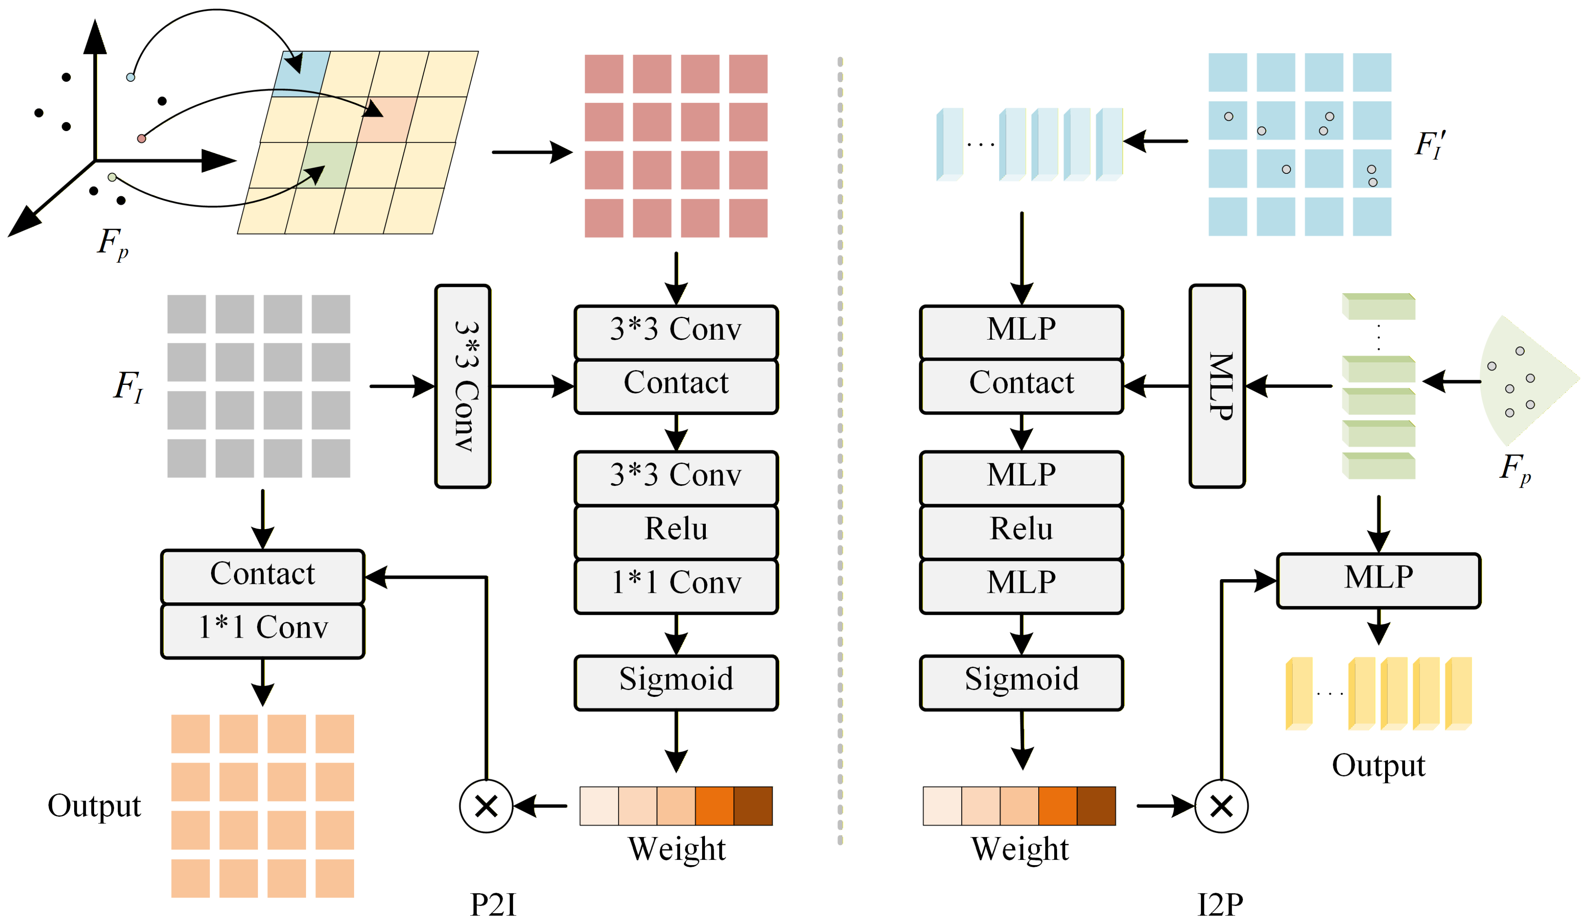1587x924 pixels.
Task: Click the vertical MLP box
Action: [x=1217, y=386]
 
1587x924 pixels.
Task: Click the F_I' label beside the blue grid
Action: [x=1430, y=145]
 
